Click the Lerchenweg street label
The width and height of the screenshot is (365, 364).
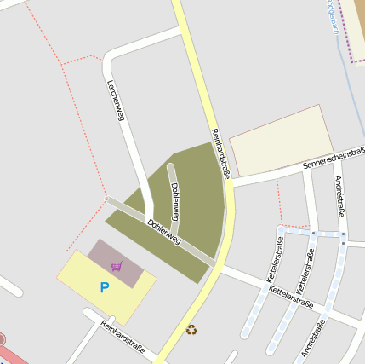click(116, 101)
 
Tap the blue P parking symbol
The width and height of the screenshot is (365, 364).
click(105, 287)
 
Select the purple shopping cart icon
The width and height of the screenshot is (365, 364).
click(116, 266)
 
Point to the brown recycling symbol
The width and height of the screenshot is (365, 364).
click(191, 329)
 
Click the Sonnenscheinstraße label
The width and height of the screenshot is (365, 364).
click(335, 159)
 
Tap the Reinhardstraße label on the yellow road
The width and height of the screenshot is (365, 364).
click(221, 150)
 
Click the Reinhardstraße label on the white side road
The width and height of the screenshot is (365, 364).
click(123, 338)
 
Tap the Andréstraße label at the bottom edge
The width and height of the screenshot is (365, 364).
click(313, 338)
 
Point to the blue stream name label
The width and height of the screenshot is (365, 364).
click(330, 17)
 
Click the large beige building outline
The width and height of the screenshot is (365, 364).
click(281, 141)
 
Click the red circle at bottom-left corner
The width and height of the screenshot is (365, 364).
click(2, 339)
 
